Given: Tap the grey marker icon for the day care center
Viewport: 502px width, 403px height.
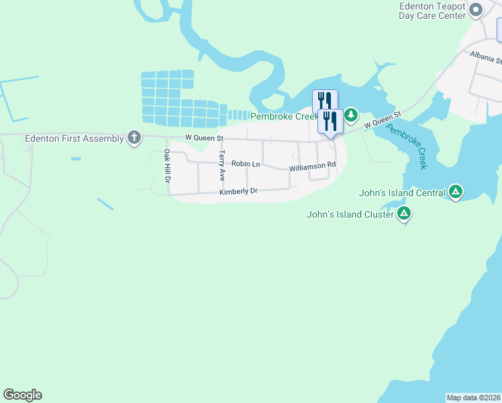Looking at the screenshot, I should tap(476, 9).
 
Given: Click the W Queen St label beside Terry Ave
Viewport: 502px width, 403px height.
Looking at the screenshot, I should tap(203, 138).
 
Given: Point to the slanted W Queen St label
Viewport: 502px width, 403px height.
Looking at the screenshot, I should tap(382, 120).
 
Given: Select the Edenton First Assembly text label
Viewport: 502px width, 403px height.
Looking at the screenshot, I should tap(74, 138).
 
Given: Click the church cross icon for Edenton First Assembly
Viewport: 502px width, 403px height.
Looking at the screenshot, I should tap(134, 138).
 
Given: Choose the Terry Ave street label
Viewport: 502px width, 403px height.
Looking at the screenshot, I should tap(221, 165).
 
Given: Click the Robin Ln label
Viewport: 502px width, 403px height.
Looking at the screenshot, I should tap(245, 163).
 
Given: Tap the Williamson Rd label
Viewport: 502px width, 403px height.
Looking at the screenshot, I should tap(312, 166).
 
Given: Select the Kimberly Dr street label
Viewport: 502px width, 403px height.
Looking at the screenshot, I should tap(238, 192).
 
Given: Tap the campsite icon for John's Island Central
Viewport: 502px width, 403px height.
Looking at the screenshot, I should tap(456, 193).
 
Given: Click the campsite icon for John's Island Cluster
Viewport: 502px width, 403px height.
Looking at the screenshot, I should tap(403, 214).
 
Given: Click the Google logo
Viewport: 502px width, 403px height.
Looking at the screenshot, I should tap(22, 395).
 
